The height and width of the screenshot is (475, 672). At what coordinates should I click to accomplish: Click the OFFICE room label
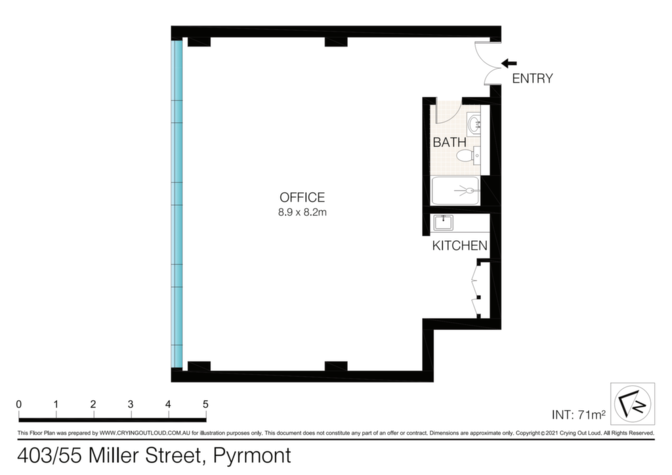click(302, 197)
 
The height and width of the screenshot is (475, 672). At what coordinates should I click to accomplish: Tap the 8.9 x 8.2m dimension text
click(302, 212)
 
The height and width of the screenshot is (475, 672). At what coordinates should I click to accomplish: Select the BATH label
click(449, 142)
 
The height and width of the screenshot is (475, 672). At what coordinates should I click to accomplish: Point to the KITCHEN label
click(459, 245)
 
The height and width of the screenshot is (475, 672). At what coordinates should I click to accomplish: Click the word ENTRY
click(532, 78)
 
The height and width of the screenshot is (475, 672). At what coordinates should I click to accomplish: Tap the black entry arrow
click(509, 64)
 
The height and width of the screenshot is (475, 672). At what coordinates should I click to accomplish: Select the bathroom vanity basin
click(474, 124)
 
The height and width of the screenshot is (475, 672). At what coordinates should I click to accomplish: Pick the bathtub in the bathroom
click(455, 191)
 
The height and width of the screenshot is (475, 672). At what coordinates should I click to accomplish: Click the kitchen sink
click(443, 222)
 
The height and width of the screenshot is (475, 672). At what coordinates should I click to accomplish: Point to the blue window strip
click(177, 204)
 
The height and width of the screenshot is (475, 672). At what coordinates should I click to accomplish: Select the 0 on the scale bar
click(19, 404)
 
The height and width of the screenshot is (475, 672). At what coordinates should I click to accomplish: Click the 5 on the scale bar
click(205, 404)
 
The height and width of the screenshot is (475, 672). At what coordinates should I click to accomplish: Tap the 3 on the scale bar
click(131, 404)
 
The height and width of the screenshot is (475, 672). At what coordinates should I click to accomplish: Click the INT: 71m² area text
click(579, 415)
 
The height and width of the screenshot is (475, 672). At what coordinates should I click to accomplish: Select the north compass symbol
click(633, 404)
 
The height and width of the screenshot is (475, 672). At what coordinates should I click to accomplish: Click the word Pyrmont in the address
click(252, 456)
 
